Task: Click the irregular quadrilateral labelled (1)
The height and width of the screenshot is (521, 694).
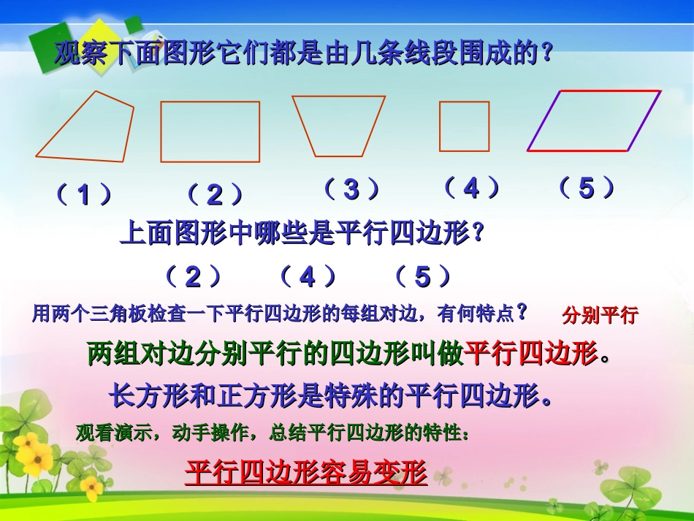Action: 91,130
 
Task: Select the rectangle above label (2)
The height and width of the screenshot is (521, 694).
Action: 210,132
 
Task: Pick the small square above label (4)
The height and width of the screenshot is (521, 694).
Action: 465,126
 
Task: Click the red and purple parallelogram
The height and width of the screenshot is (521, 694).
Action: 593,121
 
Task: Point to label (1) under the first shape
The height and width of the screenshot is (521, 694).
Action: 85,195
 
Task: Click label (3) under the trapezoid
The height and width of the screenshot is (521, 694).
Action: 352,190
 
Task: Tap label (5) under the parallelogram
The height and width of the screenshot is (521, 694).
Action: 587,189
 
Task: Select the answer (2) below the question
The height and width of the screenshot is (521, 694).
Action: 193,277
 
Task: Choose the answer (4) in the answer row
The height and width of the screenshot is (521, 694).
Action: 308,277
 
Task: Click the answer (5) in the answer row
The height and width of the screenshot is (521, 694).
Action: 423,277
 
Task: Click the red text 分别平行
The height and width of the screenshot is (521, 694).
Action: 600,316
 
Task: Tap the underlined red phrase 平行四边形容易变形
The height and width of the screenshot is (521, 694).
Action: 305,473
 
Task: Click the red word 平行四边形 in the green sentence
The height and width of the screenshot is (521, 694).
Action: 531,354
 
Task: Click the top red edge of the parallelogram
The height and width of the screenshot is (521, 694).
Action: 610,91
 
